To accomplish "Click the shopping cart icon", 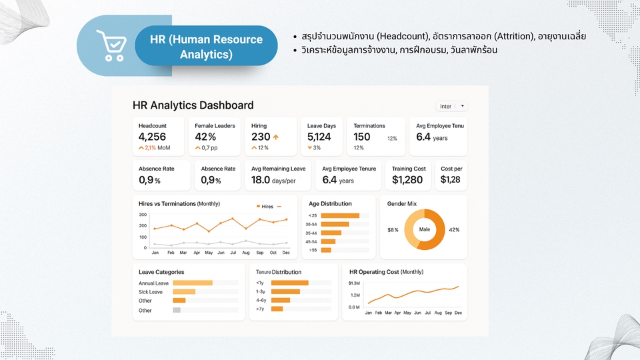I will point(111,45).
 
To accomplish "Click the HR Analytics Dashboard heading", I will point(193,105).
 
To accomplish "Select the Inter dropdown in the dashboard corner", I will point(452,106).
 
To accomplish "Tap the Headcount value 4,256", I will point(152,137).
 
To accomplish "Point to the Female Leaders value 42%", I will point(205,137).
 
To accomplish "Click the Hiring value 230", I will point(261,137).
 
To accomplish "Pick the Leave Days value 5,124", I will point(319,137).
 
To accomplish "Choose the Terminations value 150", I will point(362,137).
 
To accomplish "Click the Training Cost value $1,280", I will point(407,179).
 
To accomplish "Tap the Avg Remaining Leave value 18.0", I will point(261,179).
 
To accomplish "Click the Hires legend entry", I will point(265,207).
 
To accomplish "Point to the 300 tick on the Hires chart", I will point(143,215).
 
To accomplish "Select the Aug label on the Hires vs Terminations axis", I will point(246,253).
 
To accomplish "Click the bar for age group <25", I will point(340,215).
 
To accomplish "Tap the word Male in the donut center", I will point(425,229).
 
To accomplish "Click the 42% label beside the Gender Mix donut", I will point(454,230).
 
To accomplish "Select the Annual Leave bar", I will point(193,283).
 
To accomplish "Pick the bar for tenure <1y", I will point(289,283).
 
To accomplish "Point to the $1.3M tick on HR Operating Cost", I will point(354,283).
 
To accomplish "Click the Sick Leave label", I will point(151,292).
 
